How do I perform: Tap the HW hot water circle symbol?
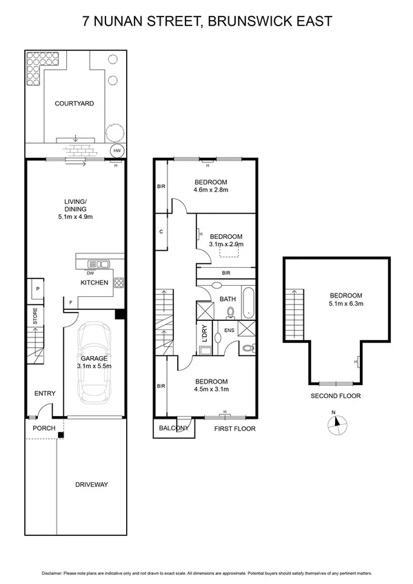coord(117,151)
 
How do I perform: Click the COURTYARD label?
coord(74,103)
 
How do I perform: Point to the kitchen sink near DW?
coord(98,263)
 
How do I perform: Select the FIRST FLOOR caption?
coord(234,428)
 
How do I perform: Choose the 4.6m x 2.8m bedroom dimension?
coord(210,189)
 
